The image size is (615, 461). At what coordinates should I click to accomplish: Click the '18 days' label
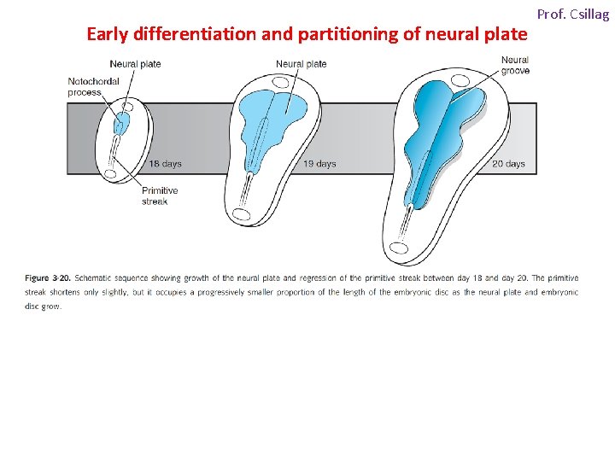(166, 163)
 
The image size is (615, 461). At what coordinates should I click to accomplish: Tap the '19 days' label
(319, 163)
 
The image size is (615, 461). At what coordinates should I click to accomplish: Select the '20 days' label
(508, 163)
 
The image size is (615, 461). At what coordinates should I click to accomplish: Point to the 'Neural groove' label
(515, 65)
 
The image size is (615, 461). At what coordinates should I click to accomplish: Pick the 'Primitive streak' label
(159, 195)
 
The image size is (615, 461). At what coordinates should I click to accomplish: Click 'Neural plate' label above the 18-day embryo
(135, 64)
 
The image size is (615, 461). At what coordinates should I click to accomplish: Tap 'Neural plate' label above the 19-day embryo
(301, 64)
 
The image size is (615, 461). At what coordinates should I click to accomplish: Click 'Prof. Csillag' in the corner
(572, 15)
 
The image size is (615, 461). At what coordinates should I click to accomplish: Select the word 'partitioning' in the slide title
(333, 35)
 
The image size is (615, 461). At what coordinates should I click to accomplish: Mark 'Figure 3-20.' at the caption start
(49, 278)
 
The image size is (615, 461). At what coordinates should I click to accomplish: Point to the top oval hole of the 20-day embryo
(460, 81)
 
